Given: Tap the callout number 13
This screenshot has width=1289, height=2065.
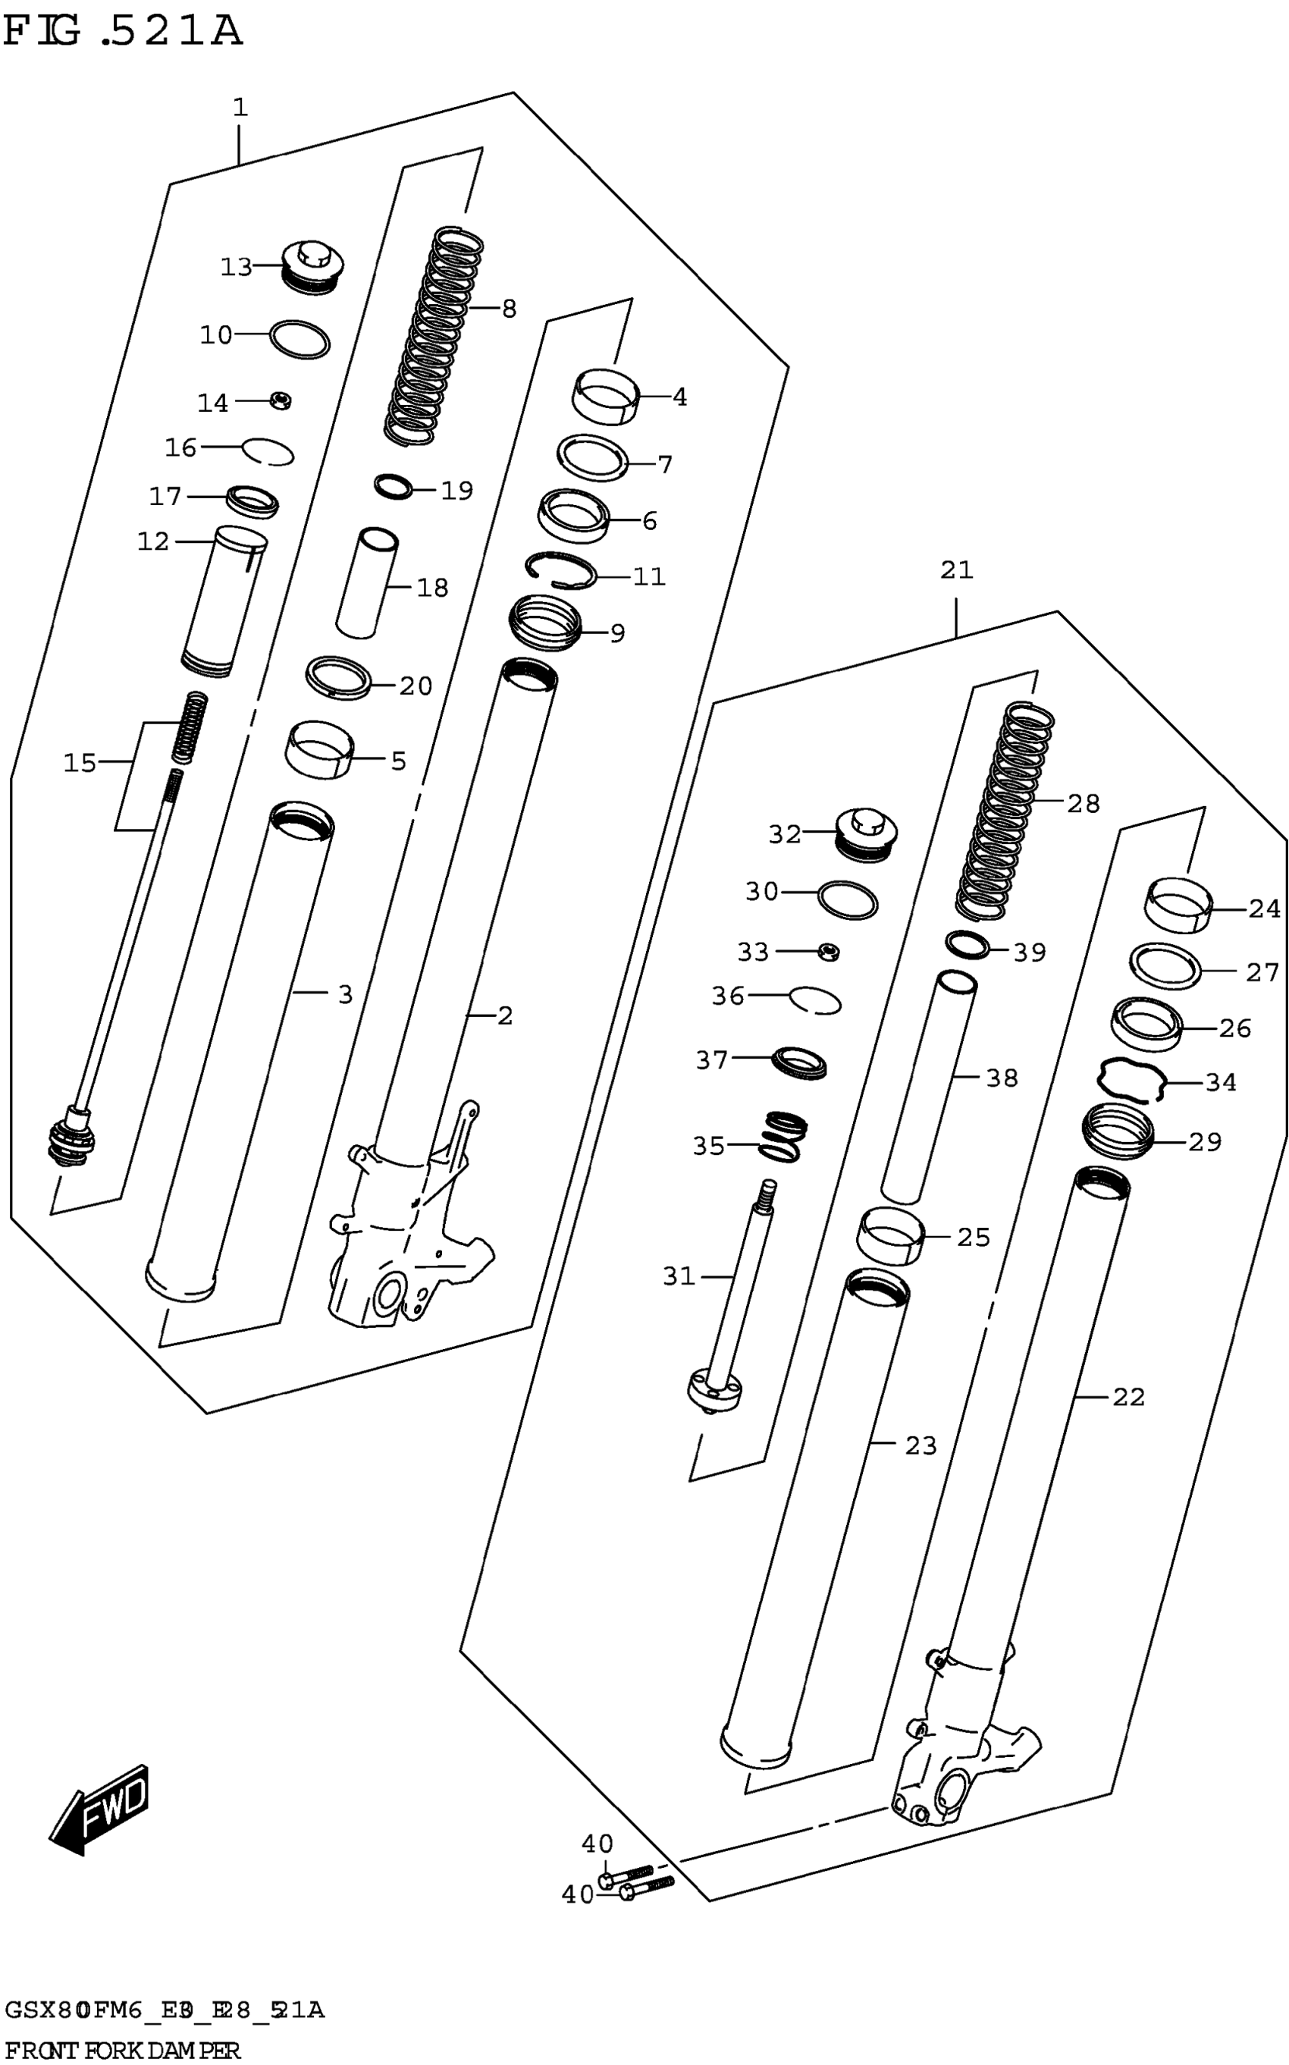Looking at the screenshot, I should tap(236, 268).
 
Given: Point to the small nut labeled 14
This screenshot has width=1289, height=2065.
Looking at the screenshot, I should tap(282, 399).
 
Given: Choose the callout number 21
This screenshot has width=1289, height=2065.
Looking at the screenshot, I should tap(957, 570).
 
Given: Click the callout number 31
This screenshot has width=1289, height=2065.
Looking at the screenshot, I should tap(679, 1276).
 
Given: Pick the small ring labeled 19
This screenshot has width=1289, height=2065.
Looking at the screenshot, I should tap(394, 487).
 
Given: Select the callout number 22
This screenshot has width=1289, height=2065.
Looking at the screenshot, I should tap(1128, 1397).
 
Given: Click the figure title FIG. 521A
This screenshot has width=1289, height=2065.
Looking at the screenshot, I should tap(124, 33).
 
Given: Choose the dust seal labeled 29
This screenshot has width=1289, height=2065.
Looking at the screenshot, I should tap(1118, 1131).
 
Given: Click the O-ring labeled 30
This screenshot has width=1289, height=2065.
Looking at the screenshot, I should tap(848, 900).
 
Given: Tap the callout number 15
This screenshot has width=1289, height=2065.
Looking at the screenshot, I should tap(80, 762).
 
